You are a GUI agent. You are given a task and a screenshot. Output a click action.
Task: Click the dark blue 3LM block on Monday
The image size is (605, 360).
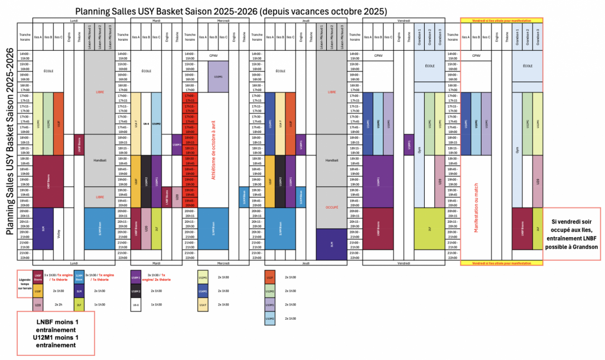tap(43, 228)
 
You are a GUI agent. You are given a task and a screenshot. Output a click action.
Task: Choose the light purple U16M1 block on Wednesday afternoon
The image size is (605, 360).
tap(218, 77)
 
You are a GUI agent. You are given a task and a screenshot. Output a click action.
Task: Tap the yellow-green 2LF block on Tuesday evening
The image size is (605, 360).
tap(156, 228)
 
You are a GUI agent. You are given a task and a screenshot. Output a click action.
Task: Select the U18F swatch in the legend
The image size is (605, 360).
tap(37, 291)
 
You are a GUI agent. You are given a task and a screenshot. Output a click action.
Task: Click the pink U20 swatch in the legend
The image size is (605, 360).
tap(37, 304)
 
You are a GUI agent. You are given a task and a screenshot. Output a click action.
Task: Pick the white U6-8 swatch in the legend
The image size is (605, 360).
tap(136, 304)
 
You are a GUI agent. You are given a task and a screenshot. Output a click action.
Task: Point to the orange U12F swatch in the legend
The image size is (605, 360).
tap(270, 277)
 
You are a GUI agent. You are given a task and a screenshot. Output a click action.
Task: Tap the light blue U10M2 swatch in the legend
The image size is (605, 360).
tap(270, 318)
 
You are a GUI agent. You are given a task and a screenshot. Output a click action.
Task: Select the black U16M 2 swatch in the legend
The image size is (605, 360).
tap(136, 291)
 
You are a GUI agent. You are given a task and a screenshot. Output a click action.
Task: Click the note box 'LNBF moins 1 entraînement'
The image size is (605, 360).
tap(58, 335)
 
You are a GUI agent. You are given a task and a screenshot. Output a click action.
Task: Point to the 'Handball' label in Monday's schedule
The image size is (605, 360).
tap(99, 160)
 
